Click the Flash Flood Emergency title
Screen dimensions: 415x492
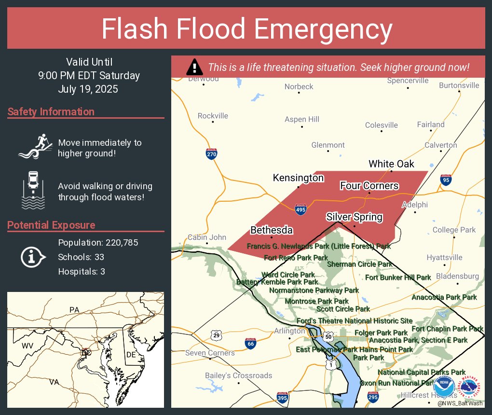246,29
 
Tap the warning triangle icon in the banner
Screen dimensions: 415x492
194,67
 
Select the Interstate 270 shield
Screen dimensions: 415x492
211,154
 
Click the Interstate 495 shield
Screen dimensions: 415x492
301,209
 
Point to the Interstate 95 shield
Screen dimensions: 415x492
446,180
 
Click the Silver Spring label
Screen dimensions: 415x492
354,217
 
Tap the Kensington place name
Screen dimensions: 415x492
298,178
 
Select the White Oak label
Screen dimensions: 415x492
391,164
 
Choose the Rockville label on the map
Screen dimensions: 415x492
213,116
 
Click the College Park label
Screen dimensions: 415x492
454,230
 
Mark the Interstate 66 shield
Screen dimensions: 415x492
250,343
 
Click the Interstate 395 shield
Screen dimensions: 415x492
283,398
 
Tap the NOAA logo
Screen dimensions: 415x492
444,387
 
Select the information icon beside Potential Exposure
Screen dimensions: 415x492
33,257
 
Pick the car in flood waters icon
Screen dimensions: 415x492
33,190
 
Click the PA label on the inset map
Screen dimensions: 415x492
74,309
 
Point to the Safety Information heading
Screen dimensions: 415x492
51,112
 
